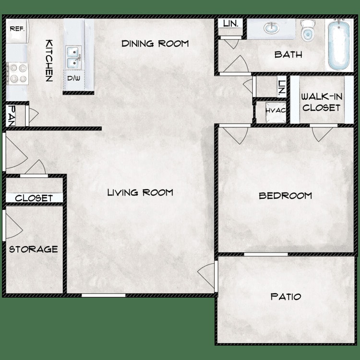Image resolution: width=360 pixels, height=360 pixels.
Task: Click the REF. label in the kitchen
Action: pyautogui.click(x=17, y=29)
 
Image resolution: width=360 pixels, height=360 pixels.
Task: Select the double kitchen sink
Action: pyautogui.click(x=73, y=56)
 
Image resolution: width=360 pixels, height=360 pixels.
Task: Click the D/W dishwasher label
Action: pyautogui.click(x=73, y=78)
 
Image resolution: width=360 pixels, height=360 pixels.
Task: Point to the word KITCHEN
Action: pyautogui.click(x=48, y=60)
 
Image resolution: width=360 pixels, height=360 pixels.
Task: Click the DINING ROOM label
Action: pyautogui.click(x=155, y=44)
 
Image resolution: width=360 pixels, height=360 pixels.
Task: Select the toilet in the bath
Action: pyautogui.click(x=307, y=30)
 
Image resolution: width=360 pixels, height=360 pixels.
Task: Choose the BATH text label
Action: pyautogui.click(x=288, y=55)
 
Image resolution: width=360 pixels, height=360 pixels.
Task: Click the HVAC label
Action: pyautogui.click(x=276, y=110)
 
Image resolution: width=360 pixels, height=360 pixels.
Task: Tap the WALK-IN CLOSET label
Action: pyautogui.click(x=321, y=102)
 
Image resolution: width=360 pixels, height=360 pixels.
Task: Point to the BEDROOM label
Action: pyautogui.click(x=285, y=195)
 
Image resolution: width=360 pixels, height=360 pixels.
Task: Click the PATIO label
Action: pyautogui.click(x=286, y=297)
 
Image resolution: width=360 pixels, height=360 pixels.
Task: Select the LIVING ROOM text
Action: pyautogui.click(x=140, y=192)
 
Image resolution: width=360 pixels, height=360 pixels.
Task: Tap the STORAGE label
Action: pyautogui.click(x=34, y=249)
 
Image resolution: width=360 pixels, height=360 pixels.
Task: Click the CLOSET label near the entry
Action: pyautogui.click(x=34, y=198)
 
